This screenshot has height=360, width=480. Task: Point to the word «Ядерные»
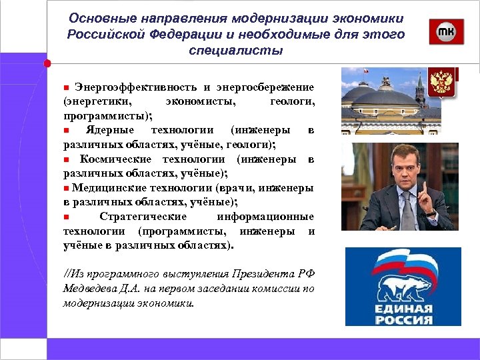110,129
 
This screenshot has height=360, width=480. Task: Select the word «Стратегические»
143,217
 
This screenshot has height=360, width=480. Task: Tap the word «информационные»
265,217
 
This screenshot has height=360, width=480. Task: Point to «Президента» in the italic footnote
261,275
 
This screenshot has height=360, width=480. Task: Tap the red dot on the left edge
47,64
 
